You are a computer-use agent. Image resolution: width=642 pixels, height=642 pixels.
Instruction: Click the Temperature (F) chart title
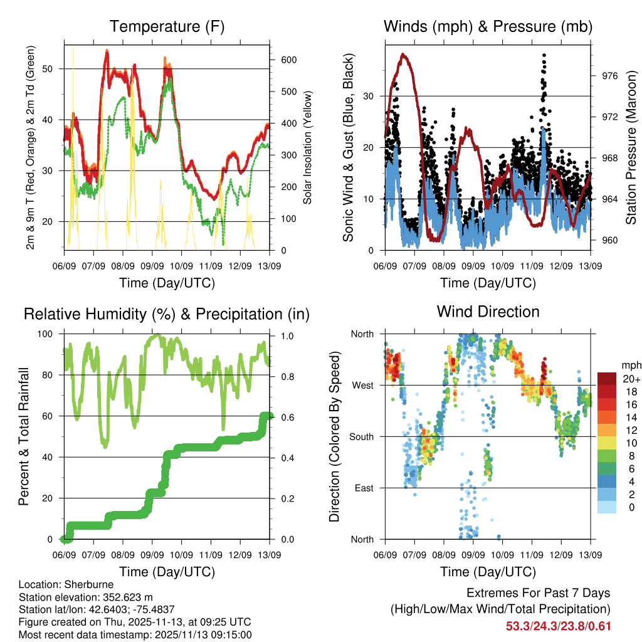coord(167,26)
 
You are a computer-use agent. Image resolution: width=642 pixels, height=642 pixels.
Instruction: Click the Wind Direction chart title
coord(488,312)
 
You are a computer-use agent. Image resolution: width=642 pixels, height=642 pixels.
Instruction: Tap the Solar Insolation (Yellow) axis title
coord(308,148)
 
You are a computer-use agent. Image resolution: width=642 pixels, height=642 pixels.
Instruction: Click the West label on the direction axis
coord(362,385)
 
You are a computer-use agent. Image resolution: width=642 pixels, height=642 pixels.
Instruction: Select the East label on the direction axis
coord(363,488)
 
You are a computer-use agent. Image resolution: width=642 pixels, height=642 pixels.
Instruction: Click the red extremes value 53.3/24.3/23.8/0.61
coord(558,626)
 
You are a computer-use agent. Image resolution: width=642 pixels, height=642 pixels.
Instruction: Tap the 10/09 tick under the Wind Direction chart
coord(502,555)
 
